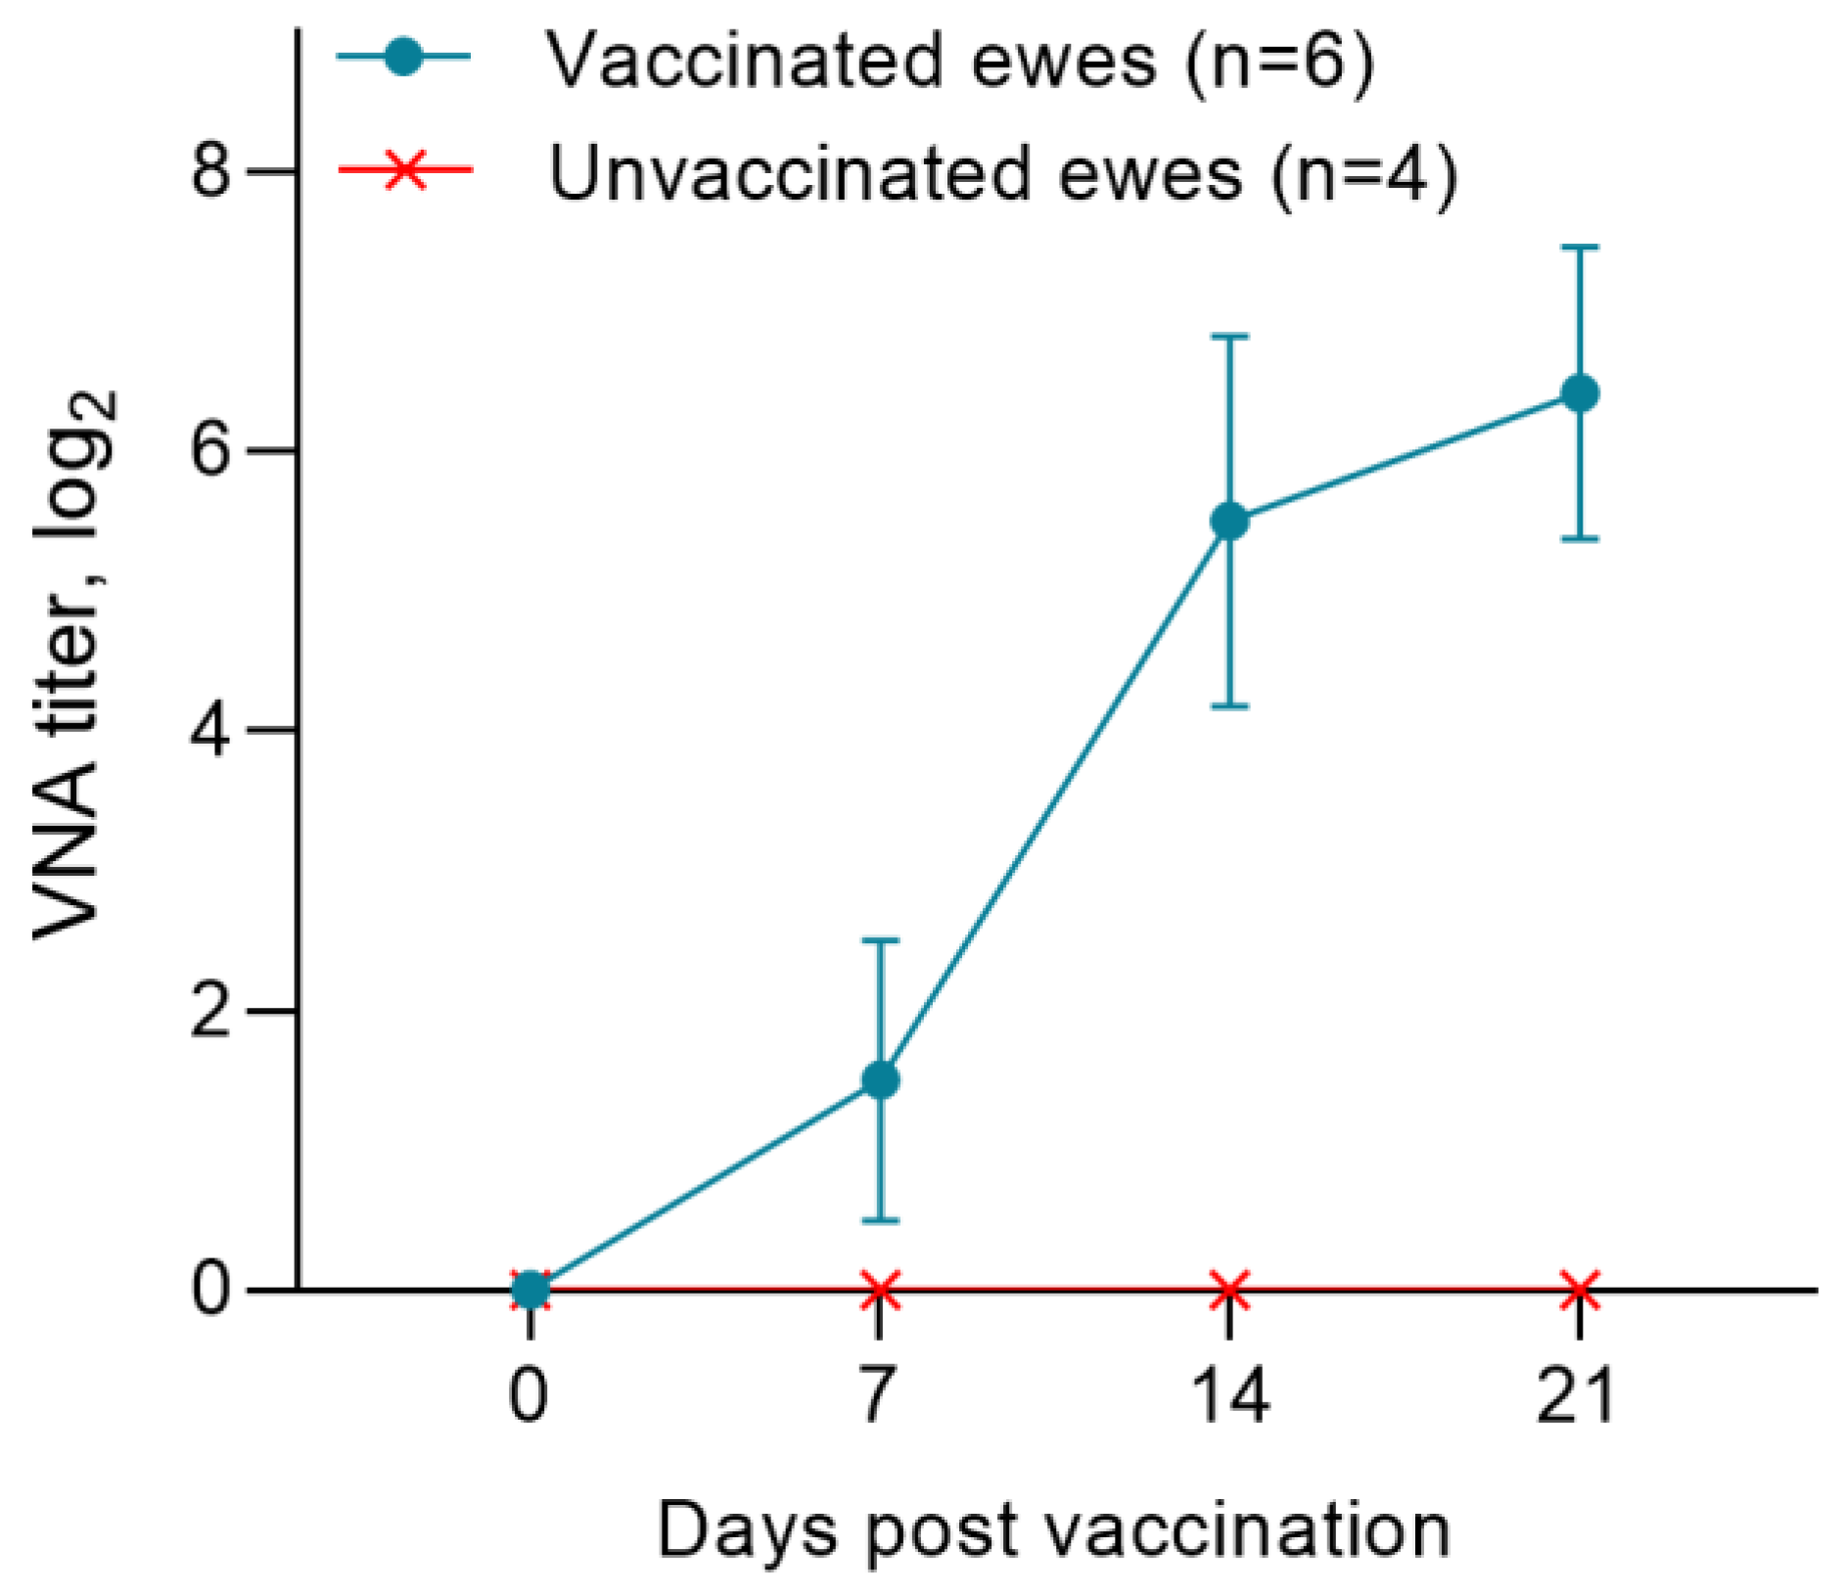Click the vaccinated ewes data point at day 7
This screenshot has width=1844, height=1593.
click(x=879, y=1080)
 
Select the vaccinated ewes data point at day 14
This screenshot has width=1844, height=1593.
click(x=1229, y=522)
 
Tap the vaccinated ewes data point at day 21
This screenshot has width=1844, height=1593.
click(x=1579, y=393)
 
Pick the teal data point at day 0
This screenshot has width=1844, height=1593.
click(x=530, y=1290)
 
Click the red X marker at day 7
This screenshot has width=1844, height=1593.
click(x=879, y=1290)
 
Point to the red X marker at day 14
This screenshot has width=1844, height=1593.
click(x=1229, y=1290)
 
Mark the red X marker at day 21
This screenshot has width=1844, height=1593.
click(x=1579, y=1290)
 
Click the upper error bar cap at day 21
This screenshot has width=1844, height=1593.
click(x=1579, y=248)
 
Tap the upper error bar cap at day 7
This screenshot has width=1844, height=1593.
click(x=879, y=940)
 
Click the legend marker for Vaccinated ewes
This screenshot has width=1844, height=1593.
click(x=402, y=57)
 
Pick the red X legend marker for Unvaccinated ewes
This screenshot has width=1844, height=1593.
click(x=404, y=170)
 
